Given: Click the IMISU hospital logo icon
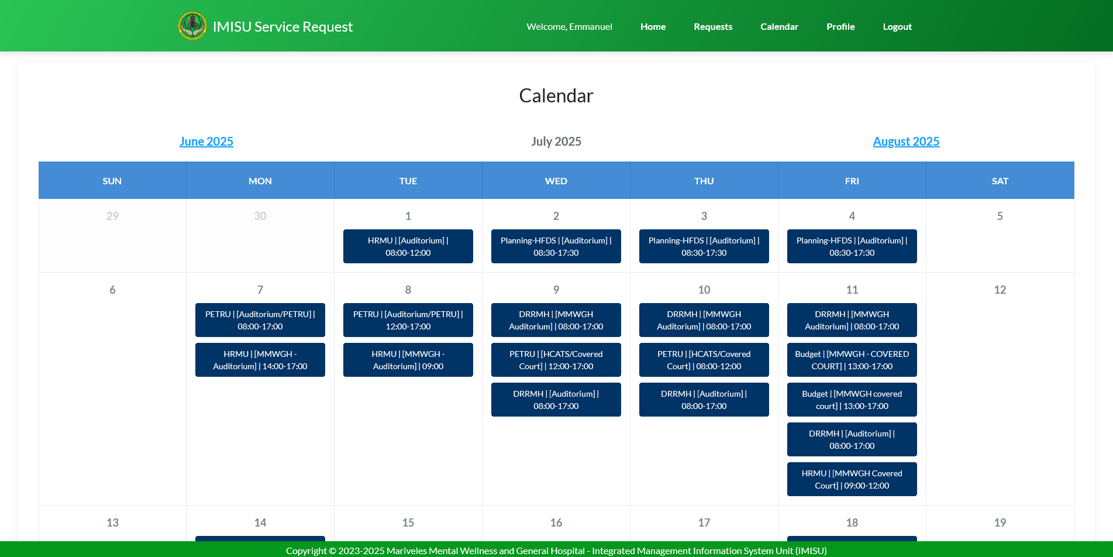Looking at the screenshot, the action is [x=192, y=26].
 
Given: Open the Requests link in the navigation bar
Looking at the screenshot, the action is [x=713, y=27].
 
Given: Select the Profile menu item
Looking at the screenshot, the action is [x=840, y=27].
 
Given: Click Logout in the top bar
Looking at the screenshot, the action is [x=897, y=27].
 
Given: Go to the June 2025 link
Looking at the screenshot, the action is [x=206, y=142].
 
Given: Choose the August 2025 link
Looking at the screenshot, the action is [x=906, y=142].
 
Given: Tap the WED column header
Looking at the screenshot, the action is [x=556, y=181].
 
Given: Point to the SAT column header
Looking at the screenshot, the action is [x=1000, y=181].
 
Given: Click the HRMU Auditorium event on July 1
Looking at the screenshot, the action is [x=408, y=246].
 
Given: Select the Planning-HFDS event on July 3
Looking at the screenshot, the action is [x=704, y=246].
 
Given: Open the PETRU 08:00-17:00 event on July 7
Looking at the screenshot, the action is [x=260, y=320].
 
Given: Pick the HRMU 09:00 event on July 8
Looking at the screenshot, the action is [x=408, y=360].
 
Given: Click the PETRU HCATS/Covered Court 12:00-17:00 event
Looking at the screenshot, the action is [x=556, y=360].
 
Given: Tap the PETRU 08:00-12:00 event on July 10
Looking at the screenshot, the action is [x=704, y=360].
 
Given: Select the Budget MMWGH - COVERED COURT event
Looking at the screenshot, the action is [x=852, y=360].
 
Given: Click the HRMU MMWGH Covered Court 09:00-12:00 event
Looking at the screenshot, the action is [x=852, y=479].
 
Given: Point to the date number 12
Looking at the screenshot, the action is [x=1000, y=290].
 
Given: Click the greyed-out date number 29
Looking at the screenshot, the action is [x=112, y=216].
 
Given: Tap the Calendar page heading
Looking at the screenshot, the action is [x=556, y=96].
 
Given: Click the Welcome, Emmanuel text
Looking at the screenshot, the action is [x=569, y=27].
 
